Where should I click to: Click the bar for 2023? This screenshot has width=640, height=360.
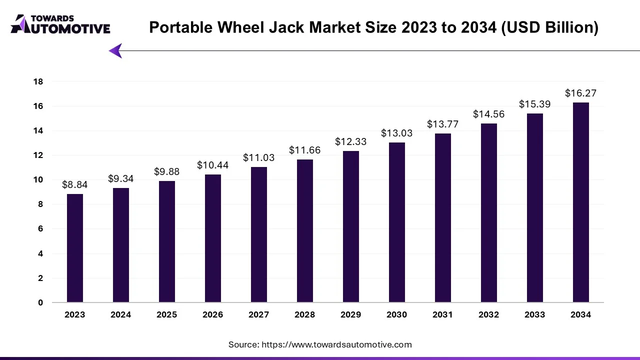[x=75, y=248]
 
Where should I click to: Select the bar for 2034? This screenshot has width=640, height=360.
[x=581, y=202]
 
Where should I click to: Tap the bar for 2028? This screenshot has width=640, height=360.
[x=305, y=231]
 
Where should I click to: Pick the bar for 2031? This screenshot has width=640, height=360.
[x=443, y=218]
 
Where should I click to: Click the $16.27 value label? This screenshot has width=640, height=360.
[x=580, y=93]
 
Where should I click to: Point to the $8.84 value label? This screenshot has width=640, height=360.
[x=75, y=184]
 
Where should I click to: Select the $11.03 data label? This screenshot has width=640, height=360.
[x=259, y=157]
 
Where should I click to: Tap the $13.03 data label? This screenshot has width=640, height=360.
[x=397, y=133]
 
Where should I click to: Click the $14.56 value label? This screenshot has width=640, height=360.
[x=489, y=114]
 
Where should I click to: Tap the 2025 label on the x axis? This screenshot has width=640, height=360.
[x=167, y=314]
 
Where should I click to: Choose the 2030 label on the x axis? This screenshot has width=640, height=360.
[x=397, y=314]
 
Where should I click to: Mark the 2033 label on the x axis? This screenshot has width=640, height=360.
[x=535, y=314]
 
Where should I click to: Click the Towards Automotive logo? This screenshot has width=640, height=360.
[x=60, y=24]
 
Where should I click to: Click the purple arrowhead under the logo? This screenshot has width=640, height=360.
[x=115, y=50]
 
